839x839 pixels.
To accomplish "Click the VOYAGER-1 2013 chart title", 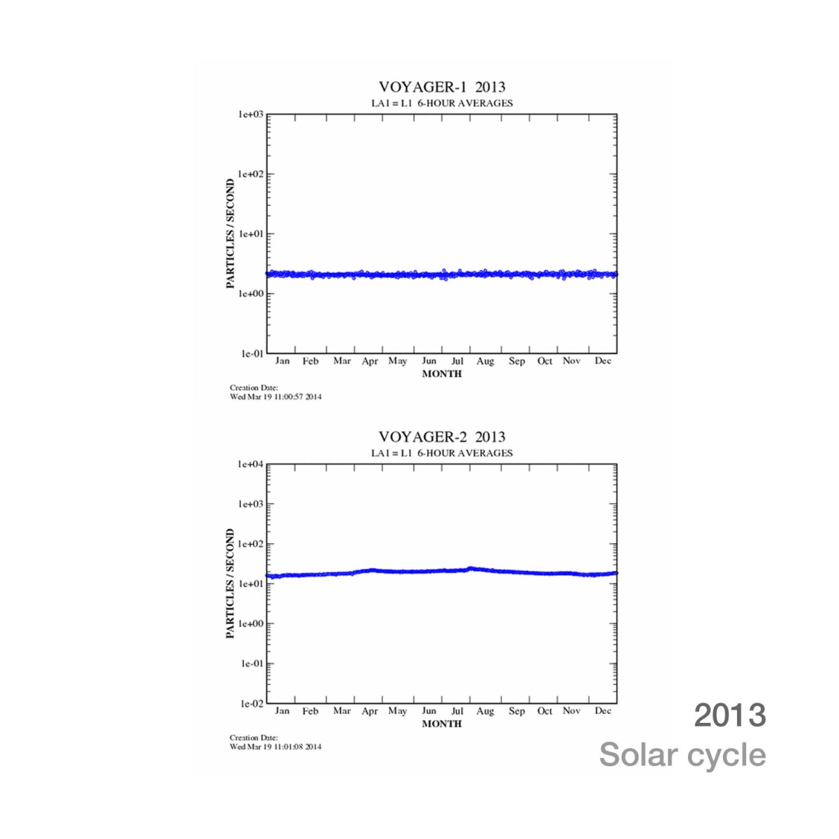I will pos(441,87).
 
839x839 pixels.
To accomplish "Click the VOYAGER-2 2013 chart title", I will pos(441,437).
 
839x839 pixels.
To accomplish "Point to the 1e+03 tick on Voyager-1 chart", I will pos(251,114).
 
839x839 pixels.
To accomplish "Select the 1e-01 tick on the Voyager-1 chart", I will pos(252,354).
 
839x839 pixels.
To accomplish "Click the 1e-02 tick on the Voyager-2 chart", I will pos(252,704).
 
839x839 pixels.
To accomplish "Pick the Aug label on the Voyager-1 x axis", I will pos(485,361).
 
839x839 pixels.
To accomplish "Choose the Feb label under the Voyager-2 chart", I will pos(310,711).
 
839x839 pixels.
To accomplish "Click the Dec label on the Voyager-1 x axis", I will pos(603,361).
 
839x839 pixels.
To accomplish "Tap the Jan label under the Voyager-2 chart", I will pos(282,711).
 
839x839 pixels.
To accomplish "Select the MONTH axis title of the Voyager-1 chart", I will pos(442,374).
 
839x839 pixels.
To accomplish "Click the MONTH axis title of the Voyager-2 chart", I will pos(442,724).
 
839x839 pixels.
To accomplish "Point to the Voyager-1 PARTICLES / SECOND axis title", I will pos(230,234).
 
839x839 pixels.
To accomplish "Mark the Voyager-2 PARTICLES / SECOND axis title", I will pos(230,584).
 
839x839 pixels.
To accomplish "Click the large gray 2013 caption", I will pos(729,715).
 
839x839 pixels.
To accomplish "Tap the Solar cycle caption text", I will pos(682,755).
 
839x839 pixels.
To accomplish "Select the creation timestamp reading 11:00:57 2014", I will pos(275,397).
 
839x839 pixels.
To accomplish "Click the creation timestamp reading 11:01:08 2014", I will pos(275,747).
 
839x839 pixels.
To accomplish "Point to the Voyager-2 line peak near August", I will pos(471,568).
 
